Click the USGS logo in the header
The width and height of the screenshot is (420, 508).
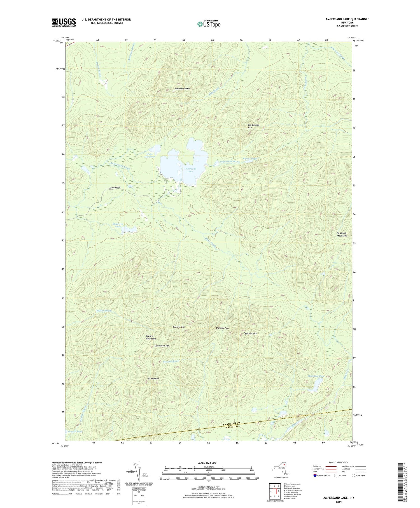[x=64, y=22]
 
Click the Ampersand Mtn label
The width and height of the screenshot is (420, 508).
[x=182, y=89]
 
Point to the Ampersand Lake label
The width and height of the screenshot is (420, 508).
[x=190, y=170]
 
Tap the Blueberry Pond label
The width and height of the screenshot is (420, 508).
[x=118, y=225]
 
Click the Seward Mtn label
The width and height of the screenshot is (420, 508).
[x=179, y=327]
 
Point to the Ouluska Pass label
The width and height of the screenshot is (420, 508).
[x=222, y=328]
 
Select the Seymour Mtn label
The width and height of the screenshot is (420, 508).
[x=250, y=333]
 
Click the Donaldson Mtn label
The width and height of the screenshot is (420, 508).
[x=162, y=345]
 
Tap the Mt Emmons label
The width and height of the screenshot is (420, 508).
[x=153, y=379]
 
